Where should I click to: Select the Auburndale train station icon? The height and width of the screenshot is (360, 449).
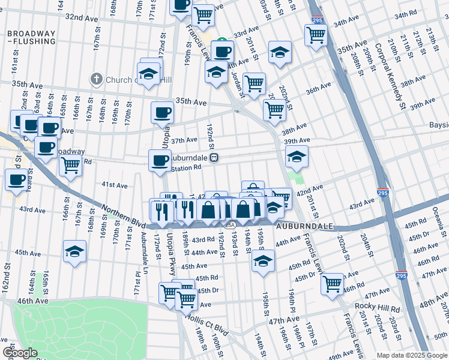(214, 158)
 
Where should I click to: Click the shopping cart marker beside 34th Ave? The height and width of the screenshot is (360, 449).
(315, 34)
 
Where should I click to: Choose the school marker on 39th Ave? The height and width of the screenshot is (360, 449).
(296, 157)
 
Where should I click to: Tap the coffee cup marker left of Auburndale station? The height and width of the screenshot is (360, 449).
(160, 160)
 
